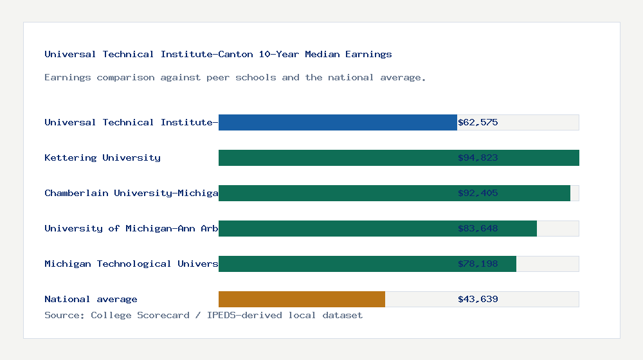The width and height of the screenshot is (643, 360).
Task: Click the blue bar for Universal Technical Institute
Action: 338,122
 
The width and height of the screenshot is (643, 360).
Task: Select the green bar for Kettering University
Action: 399,157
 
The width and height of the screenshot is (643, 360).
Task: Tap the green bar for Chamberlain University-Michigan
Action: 394,193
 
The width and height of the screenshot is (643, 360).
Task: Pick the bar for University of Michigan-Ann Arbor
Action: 377,228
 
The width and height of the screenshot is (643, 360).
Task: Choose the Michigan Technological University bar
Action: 367,264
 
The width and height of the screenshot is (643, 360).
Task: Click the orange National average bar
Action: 302,299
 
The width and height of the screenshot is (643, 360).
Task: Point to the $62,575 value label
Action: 478,122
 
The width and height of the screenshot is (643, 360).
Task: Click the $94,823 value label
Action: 478,157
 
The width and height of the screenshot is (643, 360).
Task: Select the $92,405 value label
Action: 478,193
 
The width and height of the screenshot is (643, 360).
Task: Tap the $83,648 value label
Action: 478,228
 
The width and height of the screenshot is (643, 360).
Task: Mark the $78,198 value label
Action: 478,264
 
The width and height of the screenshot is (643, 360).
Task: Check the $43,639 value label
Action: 478,299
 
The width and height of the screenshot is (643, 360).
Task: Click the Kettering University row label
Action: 102,157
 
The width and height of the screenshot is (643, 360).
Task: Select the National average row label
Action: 91,299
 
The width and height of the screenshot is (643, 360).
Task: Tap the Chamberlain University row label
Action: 131,193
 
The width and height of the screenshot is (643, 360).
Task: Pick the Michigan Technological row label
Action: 131,264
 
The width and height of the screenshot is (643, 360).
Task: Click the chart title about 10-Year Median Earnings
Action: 218,54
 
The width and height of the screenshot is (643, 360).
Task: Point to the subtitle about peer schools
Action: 235,77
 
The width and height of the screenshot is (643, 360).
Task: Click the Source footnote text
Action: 203,315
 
